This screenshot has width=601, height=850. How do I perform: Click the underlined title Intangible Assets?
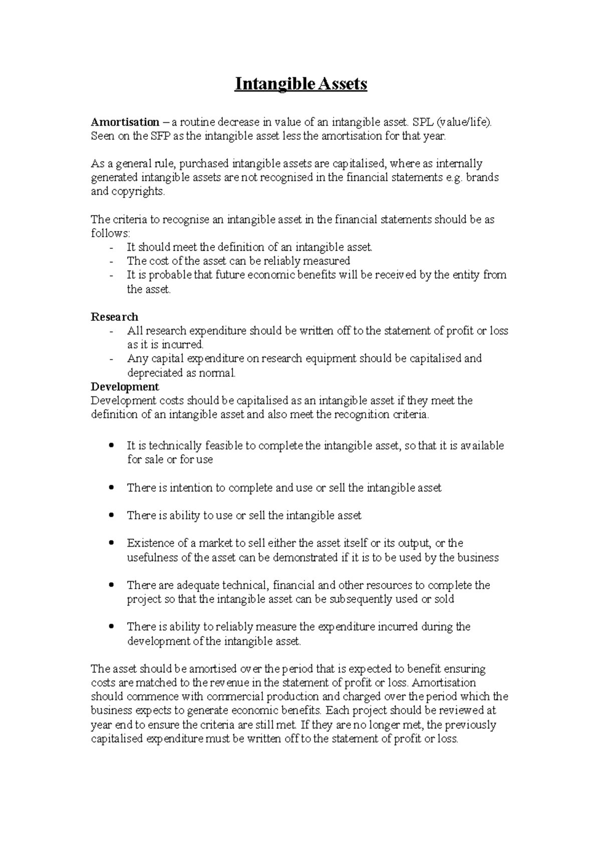tap(301, 84)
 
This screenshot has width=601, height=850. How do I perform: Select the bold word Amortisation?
tap(125, 122)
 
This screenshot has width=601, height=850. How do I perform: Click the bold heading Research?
tap(114, 317)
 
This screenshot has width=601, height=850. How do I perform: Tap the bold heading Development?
tap(125, 387)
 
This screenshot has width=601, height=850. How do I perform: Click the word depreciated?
tap(154, 373)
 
